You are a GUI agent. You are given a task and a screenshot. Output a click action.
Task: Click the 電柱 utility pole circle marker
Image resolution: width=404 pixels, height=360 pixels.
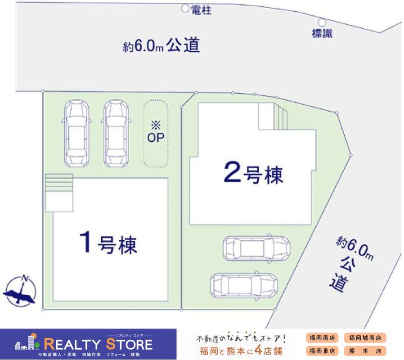tap(185, 8)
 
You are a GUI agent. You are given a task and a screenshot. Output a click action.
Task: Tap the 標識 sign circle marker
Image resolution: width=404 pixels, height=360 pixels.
tap(322, 22)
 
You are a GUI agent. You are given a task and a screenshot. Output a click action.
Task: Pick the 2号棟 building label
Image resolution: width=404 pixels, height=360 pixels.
tap(254, 173)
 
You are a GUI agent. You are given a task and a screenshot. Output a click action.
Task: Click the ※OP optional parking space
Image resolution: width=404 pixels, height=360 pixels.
tap(156, 134)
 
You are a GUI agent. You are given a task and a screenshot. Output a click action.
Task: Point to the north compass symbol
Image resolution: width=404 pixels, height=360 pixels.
tap(20, 290)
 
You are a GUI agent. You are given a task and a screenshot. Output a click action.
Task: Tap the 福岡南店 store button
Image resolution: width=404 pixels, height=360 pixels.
tap(322, 337)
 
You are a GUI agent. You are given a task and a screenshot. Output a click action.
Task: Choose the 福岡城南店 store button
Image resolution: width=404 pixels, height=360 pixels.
tap(365, 337)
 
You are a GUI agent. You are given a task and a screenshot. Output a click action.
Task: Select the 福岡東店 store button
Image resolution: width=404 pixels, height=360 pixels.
tap(322, 351)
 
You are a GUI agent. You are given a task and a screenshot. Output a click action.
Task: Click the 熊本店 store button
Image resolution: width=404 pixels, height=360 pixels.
tap(365, 351)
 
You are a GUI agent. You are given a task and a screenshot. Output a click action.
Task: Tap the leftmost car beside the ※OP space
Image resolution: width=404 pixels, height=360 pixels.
tap(76, 133)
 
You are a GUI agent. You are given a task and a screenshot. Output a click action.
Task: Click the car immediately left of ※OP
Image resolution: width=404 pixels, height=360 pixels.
tap(116, 133)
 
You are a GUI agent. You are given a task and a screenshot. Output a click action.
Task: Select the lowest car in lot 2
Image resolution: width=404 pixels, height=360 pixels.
tap(244, 285)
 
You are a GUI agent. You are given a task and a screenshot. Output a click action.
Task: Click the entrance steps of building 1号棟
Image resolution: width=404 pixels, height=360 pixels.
tap(59, 183)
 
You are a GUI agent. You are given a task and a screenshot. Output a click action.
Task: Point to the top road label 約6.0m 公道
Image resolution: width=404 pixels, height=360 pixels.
tap(162, 45)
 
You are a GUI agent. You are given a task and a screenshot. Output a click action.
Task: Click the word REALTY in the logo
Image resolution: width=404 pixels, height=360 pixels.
tap(72, 344)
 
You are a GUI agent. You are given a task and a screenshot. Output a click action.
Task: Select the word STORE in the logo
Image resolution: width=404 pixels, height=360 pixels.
tap(129, 344)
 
